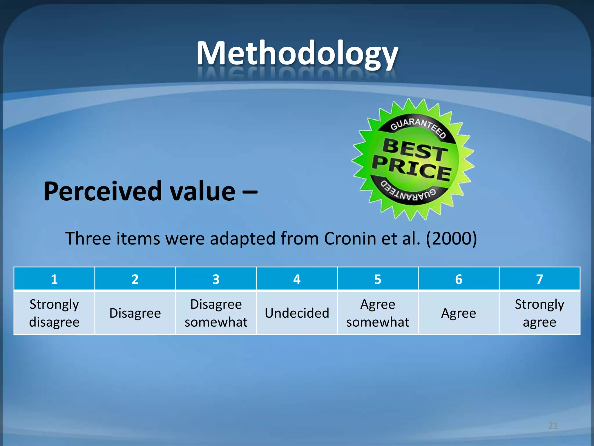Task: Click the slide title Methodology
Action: point(297,54)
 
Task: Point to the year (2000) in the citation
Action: point(451,239)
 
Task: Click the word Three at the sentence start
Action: point(88,239)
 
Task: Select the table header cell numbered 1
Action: point(54,279)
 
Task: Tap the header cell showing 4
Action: point(297,279)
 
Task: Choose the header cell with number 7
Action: point(539,279)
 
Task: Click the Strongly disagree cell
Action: point(54,313)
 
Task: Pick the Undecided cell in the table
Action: point(297,313)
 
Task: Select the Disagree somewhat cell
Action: point(216,313)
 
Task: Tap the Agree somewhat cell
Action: point(378,313)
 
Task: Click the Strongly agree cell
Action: point(539,313)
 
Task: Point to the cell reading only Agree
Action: point(459,313)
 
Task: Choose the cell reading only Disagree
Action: point(135,313)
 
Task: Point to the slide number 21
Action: point(553,426)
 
